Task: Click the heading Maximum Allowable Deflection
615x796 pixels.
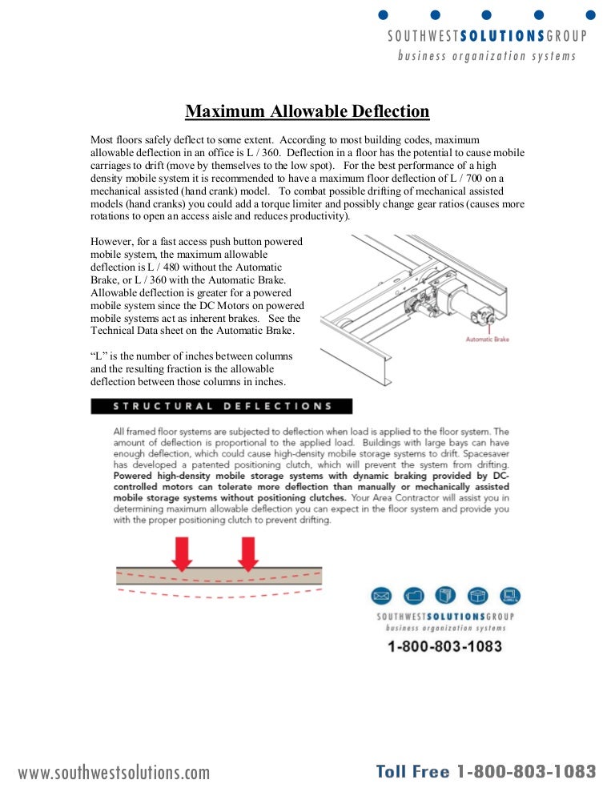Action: click(x=307, y=111)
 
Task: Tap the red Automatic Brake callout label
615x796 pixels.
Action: click(x=487, y=340)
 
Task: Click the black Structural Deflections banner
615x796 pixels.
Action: click(x=221, y=406)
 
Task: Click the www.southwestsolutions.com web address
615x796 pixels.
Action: click(x=114, y=773)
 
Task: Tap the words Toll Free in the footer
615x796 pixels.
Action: click(x=413, y=772)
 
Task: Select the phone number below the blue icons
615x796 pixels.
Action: click(x=445, y=645)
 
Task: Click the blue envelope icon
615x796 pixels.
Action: click(x=380, y=596)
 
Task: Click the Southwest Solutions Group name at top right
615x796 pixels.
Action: click(x=487, y=36)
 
